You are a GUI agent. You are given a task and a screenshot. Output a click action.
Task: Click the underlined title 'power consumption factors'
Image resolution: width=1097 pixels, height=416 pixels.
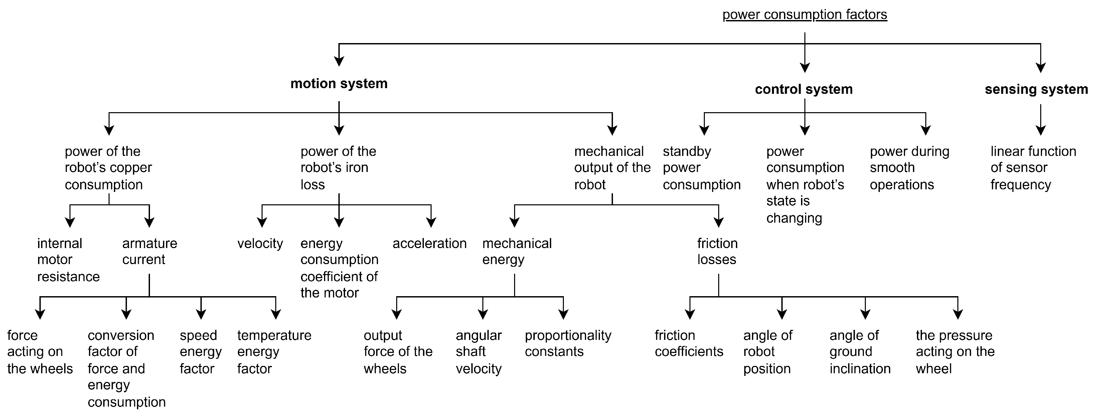[804, 14]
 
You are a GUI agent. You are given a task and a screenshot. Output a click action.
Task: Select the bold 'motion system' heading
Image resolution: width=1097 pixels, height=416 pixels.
[339, 83]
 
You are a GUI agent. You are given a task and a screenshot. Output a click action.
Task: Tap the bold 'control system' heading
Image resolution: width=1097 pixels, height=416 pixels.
[804, 89]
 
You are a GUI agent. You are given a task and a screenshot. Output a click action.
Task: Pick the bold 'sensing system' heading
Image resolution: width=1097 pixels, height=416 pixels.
[1036, 89]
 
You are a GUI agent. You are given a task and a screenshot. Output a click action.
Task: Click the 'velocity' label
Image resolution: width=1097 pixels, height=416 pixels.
[260, 243]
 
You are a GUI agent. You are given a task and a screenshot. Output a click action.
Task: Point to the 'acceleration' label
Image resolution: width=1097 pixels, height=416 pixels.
[429, 243]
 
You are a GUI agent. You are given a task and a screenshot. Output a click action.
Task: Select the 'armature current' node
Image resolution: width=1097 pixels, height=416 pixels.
[149, 251]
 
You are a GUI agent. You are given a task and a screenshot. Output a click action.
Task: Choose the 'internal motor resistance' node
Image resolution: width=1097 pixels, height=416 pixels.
[68, 260]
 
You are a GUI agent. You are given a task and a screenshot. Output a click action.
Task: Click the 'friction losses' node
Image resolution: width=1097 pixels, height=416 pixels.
[717, 251]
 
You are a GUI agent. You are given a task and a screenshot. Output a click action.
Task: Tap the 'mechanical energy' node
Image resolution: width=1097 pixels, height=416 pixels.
[516, 251]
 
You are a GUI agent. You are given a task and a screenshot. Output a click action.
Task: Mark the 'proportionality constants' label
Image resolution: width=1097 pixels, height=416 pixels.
[568, 343]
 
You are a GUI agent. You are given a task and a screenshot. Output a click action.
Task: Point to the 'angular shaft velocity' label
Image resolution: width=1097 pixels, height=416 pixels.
[479, 352]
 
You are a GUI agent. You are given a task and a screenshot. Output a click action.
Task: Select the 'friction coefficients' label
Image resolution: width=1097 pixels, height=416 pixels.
[688, 343]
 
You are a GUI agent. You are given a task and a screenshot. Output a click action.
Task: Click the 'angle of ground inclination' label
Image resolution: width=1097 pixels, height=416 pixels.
[860, 352]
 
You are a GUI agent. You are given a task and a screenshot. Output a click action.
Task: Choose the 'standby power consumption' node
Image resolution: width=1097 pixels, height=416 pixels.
[701, 168]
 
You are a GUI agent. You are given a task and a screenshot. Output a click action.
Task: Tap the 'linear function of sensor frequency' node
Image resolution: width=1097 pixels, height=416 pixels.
[1033, 168]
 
